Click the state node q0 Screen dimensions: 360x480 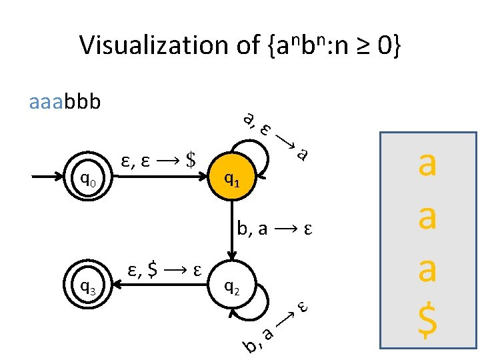pyautogui.click(x=89, y=178)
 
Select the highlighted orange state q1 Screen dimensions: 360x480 pyautogui.click(x=231, y=178)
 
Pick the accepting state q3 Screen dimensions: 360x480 pyautogui.click(x=89, y=286)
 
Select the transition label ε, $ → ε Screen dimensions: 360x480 pyautogui.click(x=164, y=271)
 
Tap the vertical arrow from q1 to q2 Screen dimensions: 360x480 pyautogui.click(x=231, y=230)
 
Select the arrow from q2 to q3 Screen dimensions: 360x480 pyautogui.click(x=160, y=286)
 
